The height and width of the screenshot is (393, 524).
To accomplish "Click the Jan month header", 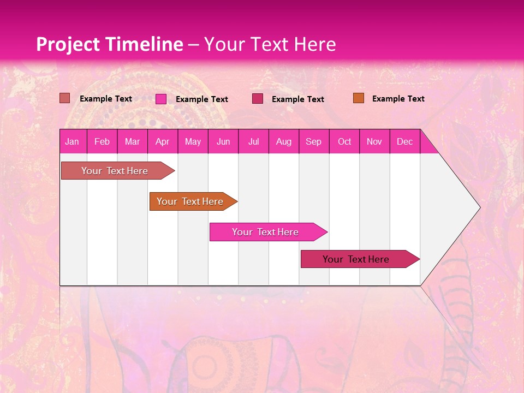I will (72, 141).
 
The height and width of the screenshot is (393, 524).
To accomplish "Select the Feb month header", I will (102, 141).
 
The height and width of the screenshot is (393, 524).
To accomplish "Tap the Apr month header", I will (162, 141).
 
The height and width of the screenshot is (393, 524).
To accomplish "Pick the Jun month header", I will (223, 141).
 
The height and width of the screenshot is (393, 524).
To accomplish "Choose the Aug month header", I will (283, 141).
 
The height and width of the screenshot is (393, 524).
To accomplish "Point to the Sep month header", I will (313, 141).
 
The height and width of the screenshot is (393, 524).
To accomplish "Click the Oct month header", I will (344, 141).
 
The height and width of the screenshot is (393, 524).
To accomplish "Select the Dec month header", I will (404, 141).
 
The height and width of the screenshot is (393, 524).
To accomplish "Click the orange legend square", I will (359, 98).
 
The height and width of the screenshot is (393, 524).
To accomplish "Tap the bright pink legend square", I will (161, 99).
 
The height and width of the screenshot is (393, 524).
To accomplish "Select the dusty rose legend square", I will (65, 98).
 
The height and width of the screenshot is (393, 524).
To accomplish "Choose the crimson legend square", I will (258, 99).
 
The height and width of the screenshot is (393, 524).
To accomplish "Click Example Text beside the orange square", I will (398, 99).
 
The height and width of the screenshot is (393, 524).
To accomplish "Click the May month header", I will (193, 141).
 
